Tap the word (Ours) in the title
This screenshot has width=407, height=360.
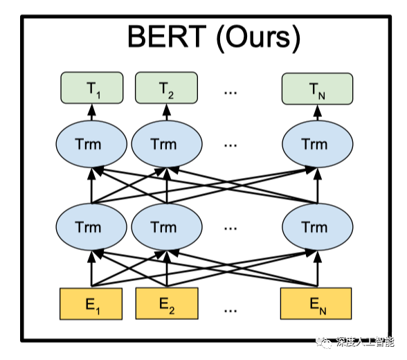[255, 38]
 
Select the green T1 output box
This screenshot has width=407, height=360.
[91, 89]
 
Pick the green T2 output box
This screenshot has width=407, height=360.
[166, 89]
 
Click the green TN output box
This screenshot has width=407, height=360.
[316, 89]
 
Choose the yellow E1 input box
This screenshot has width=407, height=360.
[90, 303]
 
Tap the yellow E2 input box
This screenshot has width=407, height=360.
[166, 303]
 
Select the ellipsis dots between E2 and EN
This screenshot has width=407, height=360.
[231, 305]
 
